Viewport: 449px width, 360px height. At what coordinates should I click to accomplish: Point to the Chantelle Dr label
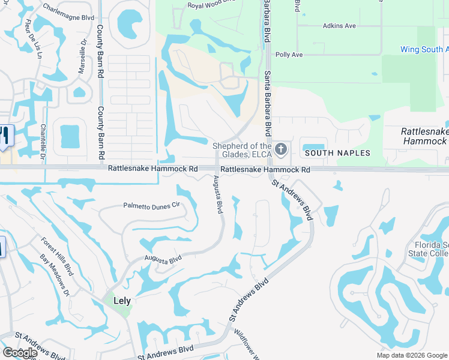[43, 135]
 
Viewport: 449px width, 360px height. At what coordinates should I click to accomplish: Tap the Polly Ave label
[289, 55]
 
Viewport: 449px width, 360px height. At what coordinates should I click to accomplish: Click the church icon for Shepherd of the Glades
[280, 148]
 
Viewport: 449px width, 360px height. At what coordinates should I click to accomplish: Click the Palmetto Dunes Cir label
[151, 205]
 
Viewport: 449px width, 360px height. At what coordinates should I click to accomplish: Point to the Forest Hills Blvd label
[57, 257]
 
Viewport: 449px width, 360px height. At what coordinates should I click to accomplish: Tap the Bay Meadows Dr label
[55, 275]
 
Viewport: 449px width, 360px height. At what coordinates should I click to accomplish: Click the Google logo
[20, 353]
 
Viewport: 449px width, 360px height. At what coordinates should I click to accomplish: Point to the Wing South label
[423, 50]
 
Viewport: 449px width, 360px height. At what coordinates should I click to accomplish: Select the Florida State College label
[432, 249]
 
